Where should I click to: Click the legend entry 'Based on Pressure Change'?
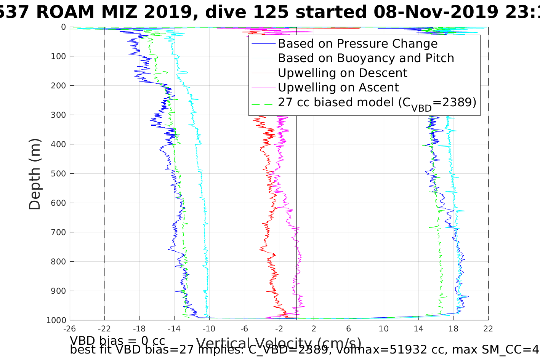[357, 44]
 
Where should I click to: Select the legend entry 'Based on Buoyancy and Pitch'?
[366, 58]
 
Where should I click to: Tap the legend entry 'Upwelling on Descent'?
[342, 73]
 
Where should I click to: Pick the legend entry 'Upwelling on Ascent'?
[338, 88]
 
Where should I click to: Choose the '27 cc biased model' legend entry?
[377, 102]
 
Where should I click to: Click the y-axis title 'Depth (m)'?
[35, 174]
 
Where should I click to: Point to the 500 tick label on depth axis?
[58, 174]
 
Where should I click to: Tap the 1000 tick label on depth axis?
[56, 320]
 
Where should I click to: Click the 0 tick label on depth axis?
[63, 27]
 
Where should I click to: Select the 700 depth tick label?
[58, 232]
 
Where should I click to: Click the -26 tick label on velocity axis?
[70, 329]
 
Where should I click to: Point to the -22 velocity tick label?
[104, 329]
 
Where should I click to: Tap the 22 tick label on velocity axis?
[488, 329]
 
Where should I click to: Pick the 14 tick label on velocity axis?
[418, 329]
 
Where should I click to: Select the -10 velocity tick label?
[209, 329]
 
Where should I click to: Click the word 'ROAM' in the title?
[65, 12]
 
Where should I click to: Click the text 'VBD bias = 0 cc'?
[117, 340]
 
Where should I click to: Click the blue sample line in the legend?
[263, 44]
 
